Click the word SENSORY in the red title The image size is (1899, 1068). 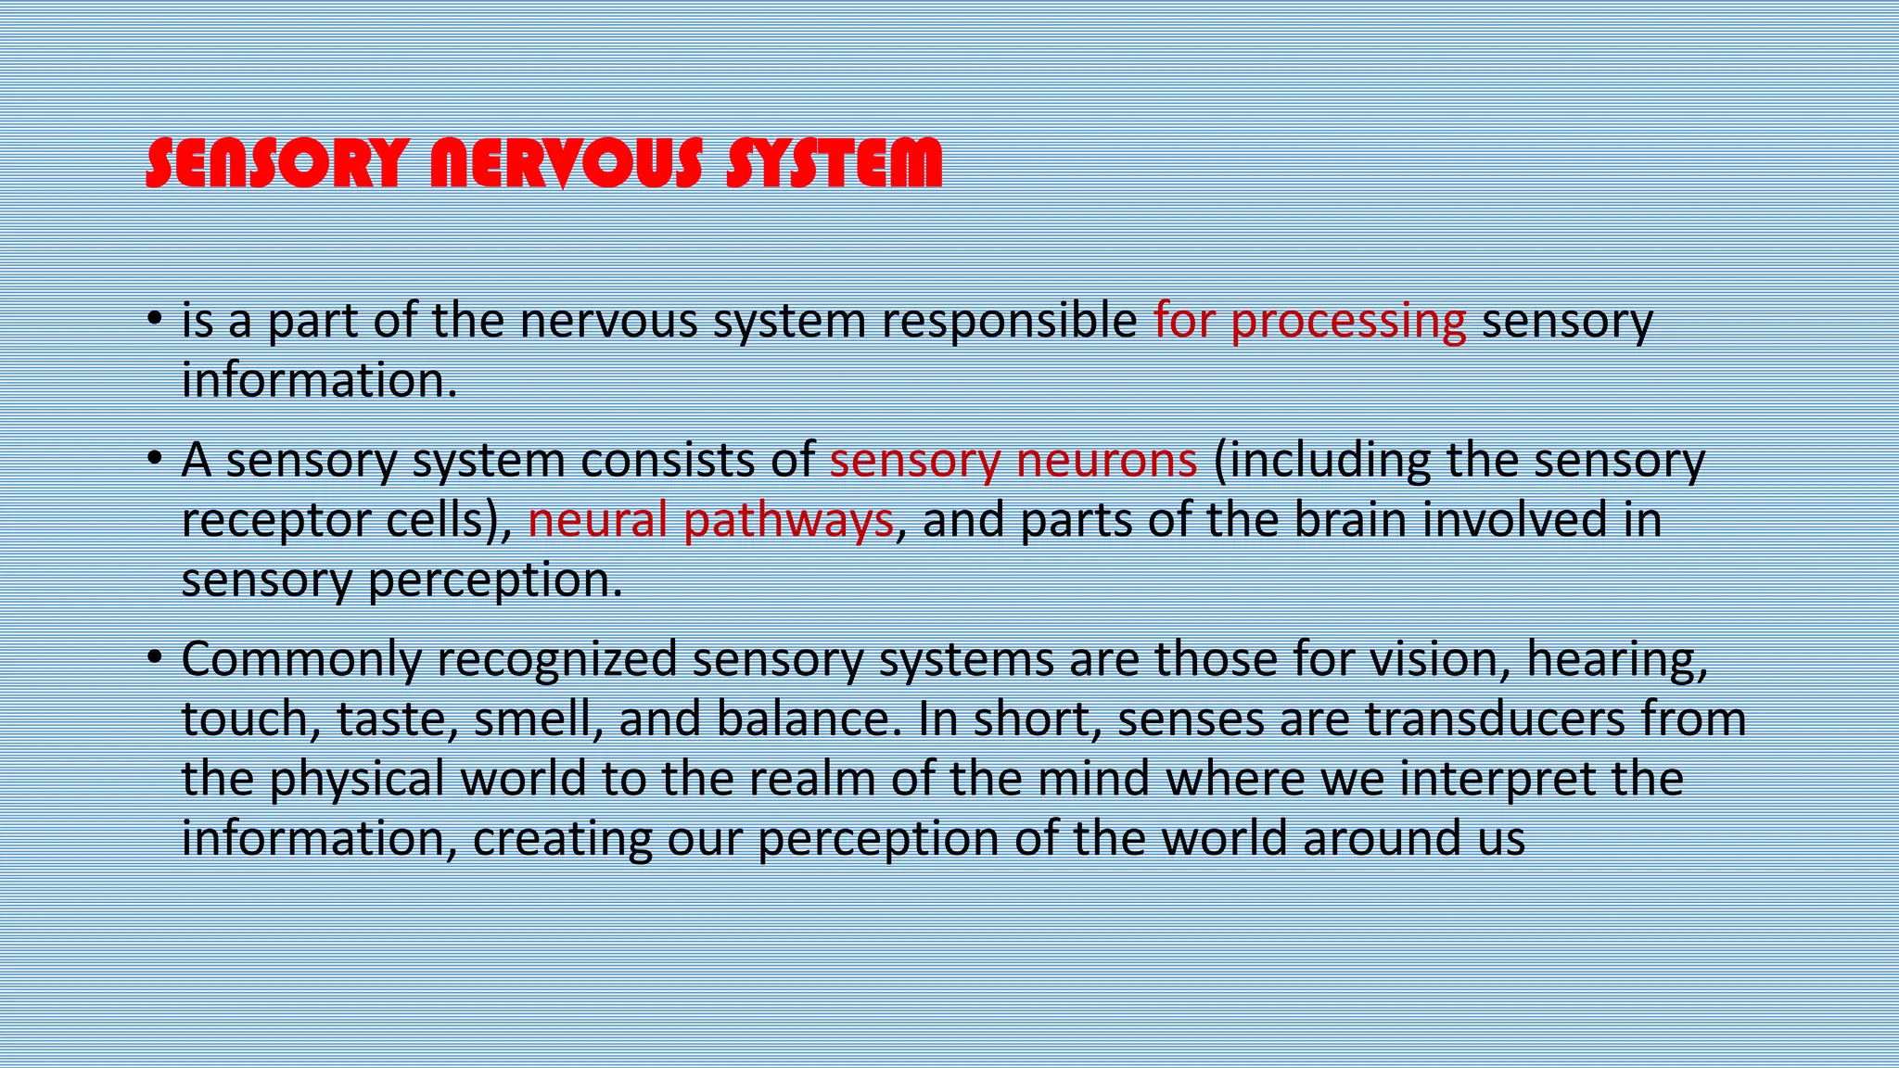click(276, 163)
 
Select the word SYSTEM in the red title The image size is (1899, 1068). click(834, 163)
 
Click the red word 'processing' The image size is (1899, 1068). click(1348, 322)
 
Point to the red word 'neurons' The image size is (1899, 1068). click(1106, 461)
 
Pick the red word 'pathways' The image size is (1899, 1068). click(788, 520)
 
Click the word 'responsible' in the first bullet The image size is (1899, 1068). click(1009, 322)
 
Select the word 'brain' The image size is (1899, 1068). click(1350, 519)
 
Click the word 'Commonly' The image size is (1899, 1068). click(301, 660)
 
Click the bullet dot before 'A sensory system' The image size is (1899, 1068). click(155, 458)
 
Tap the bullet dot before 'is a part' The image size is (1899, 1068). click(155, 319)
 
